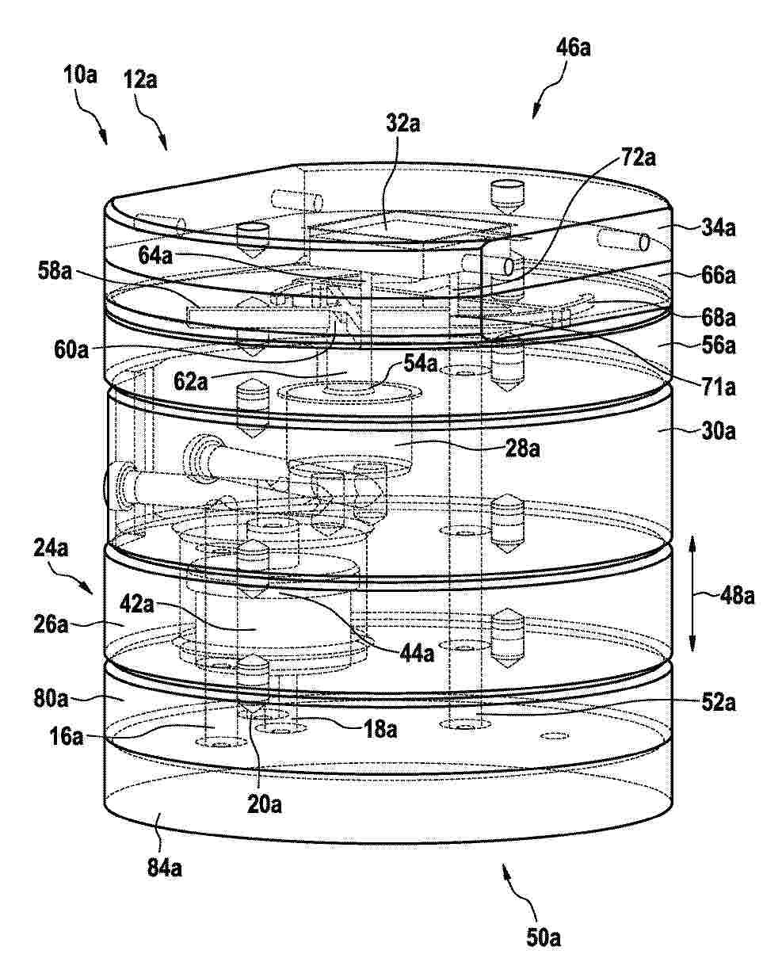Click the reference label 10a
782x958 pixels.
80,75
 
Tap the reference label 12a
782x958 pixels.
140,80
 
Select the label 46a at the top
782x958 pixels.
574,48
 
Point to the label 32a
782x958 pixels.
403,124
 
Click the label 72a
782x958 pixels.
639,158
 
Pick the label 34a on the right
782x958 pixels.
718,228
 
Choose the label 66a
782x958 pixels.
718,275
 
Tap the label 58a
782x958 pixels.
55,271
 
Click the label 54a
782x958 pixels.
421,363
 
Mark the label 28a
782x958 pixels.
523,448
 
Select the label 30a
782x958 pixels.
718,431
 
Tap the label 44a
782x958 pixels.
417,653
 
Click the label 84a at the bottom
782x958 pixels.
164,868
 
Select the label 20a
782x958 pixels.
265,804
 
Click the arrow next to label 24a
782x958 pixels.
77,578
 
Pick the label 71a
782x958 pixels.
718,387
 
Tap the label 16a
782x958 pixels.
67,737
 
